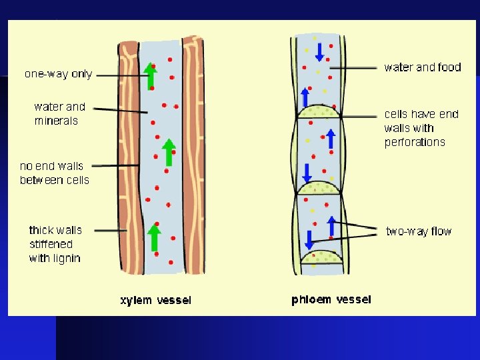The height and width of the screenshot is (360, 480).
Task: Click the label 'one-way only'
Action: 58,74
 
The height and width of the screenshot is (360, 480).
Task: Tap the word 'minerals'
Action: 56,121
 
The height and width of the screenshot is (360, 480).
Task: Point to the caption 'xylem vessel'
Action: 155,301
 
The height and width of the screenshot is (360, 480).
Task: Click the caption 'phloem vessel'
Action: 331,300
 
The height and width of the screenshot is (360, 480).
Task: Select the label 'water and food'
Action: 423,67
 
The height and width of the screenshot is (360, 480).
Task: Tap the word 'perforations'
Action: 414,142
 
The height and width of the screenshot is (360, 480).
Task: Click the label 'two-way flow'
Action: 419,231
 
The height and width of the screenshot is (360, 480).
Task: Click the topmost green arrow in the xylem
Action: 151,77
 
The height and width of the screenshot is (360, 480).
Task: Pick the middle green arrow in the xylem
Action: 169,152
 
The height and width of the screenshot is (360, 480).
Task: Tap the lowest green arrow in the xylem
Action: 154,239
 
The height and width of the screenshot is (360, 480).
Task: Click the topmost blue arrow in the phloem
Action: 319,51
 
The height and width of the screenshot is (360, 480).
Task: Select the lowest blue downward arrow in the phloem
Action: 310,239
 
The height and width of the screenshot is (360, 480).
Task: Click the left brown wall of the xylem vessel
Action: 129,160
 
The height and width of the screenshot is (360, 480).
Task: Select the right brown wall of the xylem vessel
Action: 193,160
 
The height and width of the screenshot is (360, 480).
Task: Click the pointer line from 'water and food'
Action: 353,67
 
